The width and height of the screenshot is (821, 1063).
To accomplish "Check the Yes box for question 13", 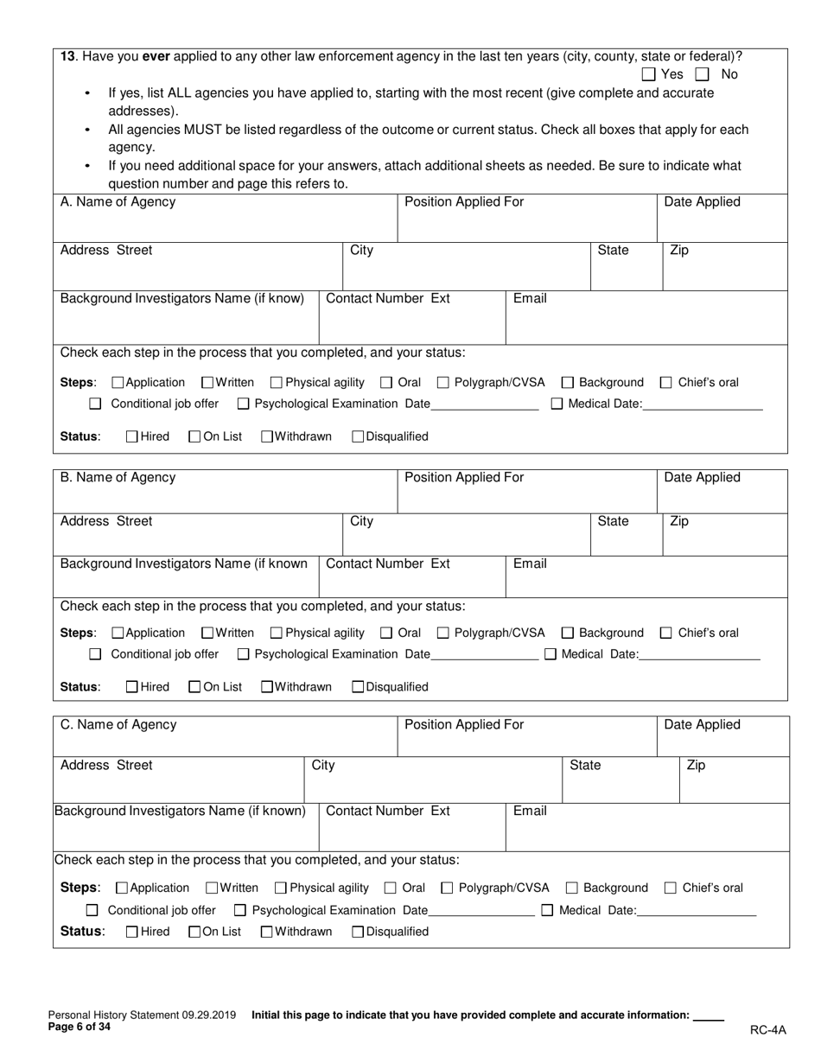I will click(649, 75).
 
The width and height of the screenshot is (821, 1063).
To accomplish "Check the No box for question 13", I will click(702, 75).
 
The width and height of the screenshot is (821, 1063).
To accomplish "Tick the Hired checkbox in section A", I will click(132, 436).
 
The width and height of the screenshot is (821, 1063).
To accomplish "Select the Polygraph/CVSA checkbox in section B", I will click(443, 633).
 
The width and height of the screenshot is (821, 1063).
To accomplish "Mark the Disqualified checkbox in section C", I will click(358, 932).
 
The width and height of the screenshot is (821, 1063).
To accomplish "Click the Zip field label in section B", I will click(679, 521).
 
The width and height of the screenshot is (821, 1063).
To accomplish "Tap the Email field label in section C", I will click(530, 811).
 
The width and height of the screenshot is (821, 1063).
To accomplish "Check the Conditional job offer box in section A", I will click(96, 404).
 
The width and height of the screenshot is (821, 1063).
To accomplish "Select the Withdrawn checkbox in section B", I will click(267, 687).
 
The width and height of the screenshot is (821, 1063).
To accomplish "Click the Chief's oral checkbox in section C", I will click(671, 888).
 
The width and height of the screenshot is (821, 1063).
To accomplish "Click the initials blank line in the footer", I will click(708, 1017).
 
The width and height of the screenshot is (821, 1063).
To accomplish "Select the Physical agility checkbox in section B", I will click(277, 633).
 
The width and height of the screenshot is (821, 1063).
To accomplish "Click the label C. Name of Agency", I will click(118, 724).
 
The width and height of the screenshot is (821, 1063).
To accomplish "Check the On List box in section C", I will click(194, 932).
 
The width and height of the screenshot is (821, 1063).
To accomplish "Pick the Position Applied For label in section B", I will click(464, 477).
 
